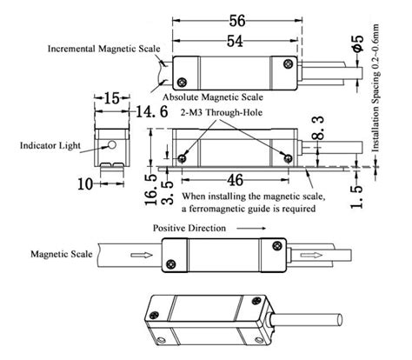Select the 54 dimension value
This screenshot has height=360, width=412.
(x=236, y=40)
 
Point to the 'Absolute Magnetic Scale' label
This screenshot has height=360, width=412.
(x=208, y=97)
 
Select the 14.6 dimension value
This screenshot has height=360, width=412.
(x=141, y=111)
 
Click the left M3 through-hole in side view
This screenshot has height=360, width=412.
(x=182, y=157)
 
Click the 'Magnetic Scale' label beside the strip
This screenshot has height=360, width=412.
(x=60, y=255)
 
